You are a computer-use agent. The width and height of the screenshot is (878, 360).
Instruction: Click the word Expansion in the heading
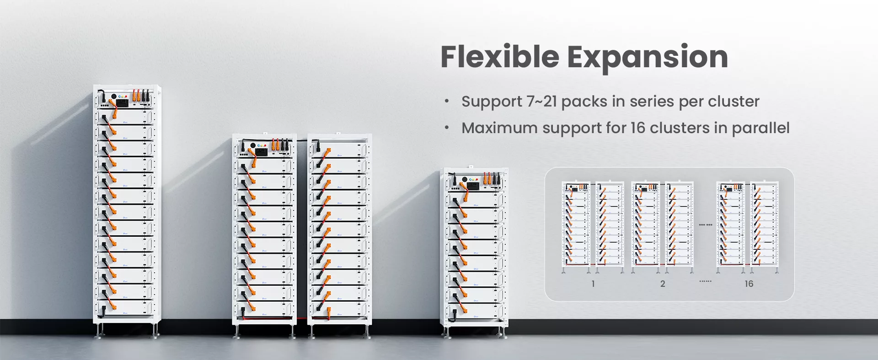648,58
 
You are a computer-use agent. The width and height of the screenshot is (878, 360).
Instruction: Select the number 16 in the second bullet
637,128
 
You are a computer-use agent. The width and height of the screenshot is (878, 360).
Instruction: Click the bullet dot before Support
447,102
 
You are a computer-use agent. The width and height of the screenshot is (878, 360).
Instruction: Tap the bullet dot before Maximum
447,128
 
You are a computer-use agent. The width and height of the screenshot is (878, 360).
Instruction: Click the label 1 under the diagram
593,284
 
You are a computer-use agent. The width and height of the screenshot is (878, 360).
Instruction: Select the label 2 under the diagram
663,284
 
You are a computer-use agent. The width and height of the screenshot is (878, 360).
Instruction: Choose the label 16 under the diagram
749,284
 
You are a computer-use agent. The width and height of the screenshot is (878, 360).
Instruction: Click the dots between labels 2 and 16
706,281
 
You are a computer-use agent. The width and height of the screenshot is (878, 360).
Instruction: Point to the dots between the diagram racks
706,225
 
